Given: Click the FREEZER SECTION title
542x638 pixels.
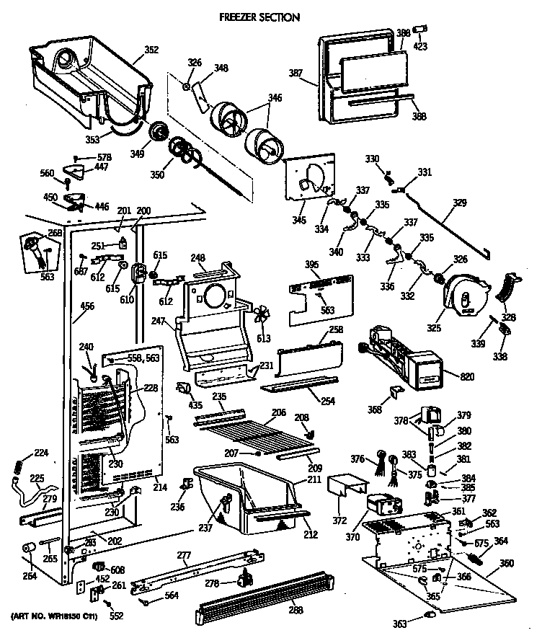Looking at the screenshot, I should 259,17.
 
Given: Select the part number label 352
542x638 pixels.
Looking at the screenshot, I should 151,50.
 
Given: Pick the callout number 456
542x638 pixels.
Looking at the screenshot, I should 86,306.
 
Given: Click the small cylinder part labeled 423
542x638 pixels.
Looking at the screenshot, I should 424,28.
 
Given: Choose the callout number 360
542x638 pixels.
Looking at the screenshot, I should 507,562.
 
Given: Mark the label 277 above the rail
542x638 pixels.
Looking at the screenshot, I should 184,555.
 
